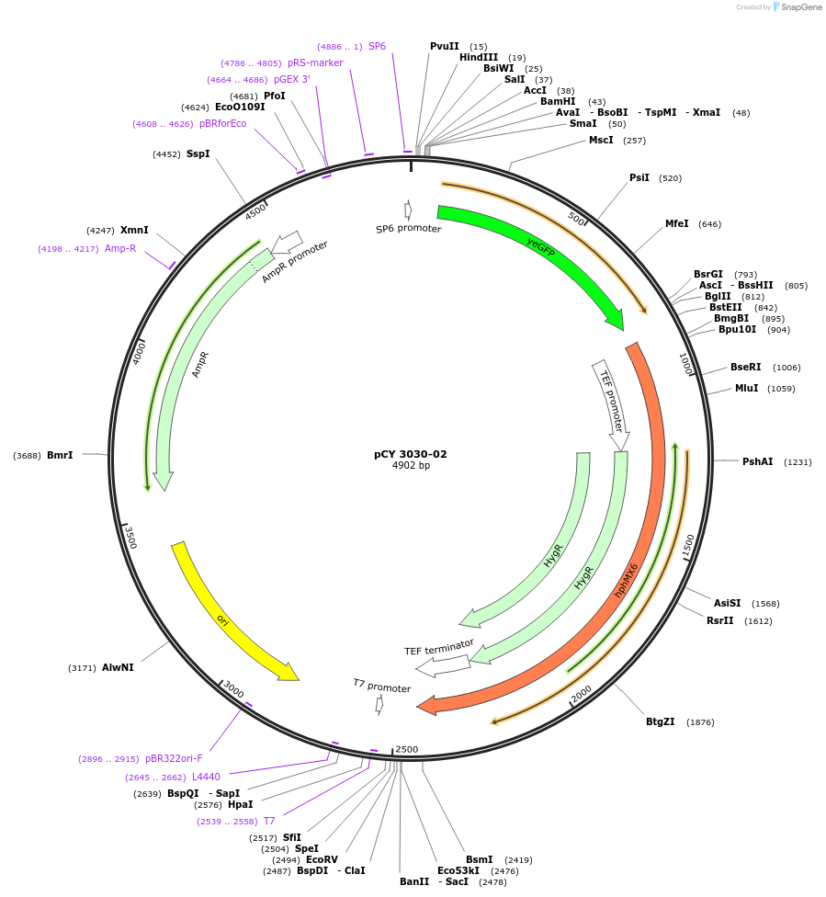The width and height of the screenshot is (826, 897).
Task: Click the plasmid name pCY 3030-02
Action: [411, 454]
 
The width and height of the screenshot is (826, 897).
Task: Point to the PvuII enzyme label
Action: [444, 46]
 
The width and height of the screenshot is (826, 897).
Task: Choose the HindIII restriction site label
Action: [478, 57]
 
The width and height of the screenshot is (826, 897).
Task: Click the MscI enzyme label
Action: [601, 141]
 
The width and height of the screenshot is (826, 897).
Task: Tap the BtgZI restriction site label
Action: [660, 721]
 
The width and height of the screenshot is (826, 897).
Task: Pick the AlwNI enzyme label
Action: [118, 667]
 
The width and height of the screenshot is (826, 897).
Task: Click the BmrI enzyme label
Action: [60, 455]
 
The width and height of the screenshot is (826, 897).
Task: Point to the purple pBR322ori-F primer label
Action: [174, 759]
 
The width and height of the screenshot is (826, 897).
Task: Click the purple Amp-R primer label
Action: [120, 248]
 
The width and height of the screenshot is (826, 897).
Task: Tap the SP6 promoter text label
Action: [408, 229]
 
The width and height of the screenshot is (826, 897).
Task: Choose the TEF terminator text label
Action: [439, 647]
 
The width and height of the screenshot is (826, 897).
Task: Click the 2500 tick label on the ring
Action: [406, 749]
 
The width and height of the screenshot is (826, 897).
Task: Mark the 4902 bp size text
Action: [411, 466]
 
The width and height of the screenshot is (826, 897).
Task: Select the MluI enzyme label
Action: [746, 388]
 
